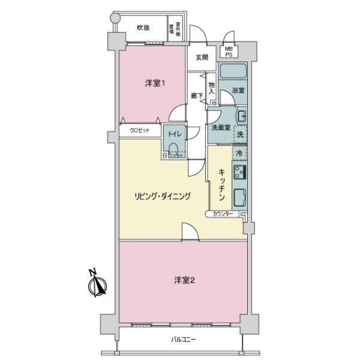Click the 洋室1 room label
[155, 83]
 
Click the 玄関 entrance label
[202, 58]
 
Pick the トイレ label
[174, 133]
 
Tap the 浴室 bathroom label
[238, 91]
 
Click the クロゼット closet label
[139, 130]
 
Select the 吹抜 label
[142, 28]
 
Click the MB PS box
[229, 52]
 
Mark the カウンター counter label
[221, 214]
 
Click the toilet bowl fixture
[175, 149]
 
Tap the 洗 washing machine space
[239, 133]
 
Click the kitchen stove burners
[239, 173]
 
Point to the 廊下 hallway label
[195, 96]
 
